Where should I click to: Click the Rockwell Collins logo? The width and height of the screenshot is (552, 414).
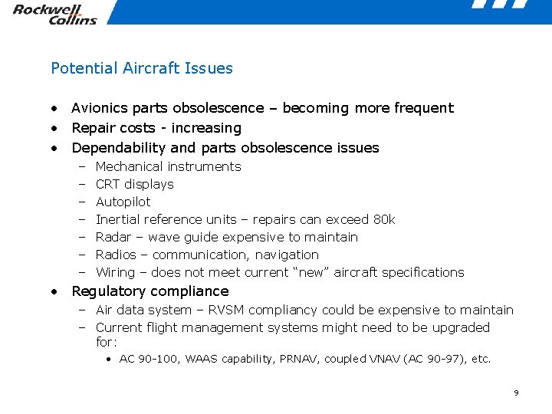(54, 15)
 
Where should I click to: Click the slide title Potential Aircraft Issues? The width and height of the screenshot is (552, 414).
(142, 68)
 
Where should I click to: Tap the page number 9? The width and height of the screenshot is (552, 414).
(516, 393)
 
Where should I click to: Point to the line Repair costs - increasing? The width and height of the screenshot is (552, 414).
(156, 128)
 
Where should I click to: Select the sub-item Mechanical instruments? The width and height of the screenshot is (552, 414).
(168, 166)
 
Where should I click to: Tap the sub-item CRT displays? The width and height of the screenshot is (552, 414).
(135, 184)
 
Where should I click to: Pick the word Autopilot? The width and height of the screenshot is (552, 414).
(123, 202)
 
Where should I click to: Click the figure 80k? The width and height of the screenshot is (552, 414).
(383, 219)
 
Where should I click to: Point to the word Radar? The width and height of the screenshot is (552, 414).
(113, 237)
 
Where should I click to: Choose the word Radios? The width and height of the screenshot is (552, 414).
(116, 255)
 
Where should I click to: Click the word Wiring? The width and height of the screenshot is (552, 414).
(115, 272)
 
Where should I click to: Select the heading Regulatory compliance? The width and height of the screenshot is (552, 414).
(150, 291)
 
